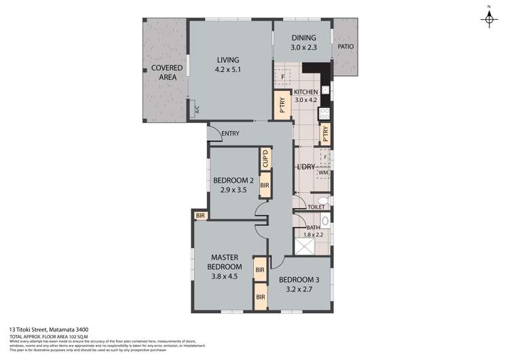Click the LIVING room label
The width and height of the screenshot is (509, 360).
click(x=229, y=60)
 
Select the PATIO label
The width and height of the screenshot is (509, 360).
click(x=345, y=47)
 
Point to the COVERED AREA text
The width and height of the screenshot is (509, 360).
click(x=164, y=73)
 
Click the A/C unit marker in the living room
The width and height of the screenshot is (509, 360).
click(x=197, y=109)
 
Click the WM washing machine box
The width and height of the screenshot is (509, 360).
click(x=324, y=174)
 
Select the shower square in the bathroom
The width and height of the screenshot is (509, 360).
click(x=305, y=242)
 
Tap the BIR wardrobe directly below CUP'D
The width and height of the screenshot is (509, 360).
click(x=265, y=185)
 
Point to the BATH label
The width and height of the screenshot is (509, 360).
click(x=313, y=228)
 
